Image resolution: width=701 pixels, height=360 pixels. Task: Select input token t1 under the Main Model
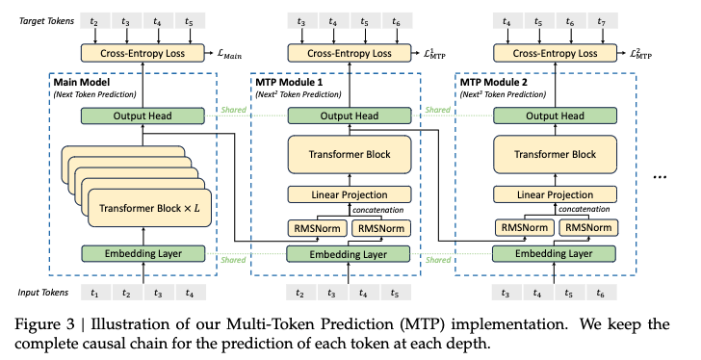94,294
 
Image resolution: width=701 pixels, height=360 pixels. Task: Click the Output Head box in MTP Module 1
350,115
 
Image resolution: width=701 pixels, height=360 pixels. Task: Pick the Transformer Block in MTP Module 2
553,154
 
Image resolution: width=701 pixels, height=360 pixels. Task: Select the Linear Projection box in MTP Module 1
350,194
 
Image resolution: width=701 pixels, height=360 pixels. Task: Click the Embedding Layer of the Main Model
143,254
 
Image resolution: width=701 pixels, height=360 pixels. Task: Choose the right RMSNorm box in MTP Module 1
382,228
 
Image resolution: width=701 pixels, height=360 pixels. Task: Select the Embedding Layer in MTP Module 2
553,254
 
